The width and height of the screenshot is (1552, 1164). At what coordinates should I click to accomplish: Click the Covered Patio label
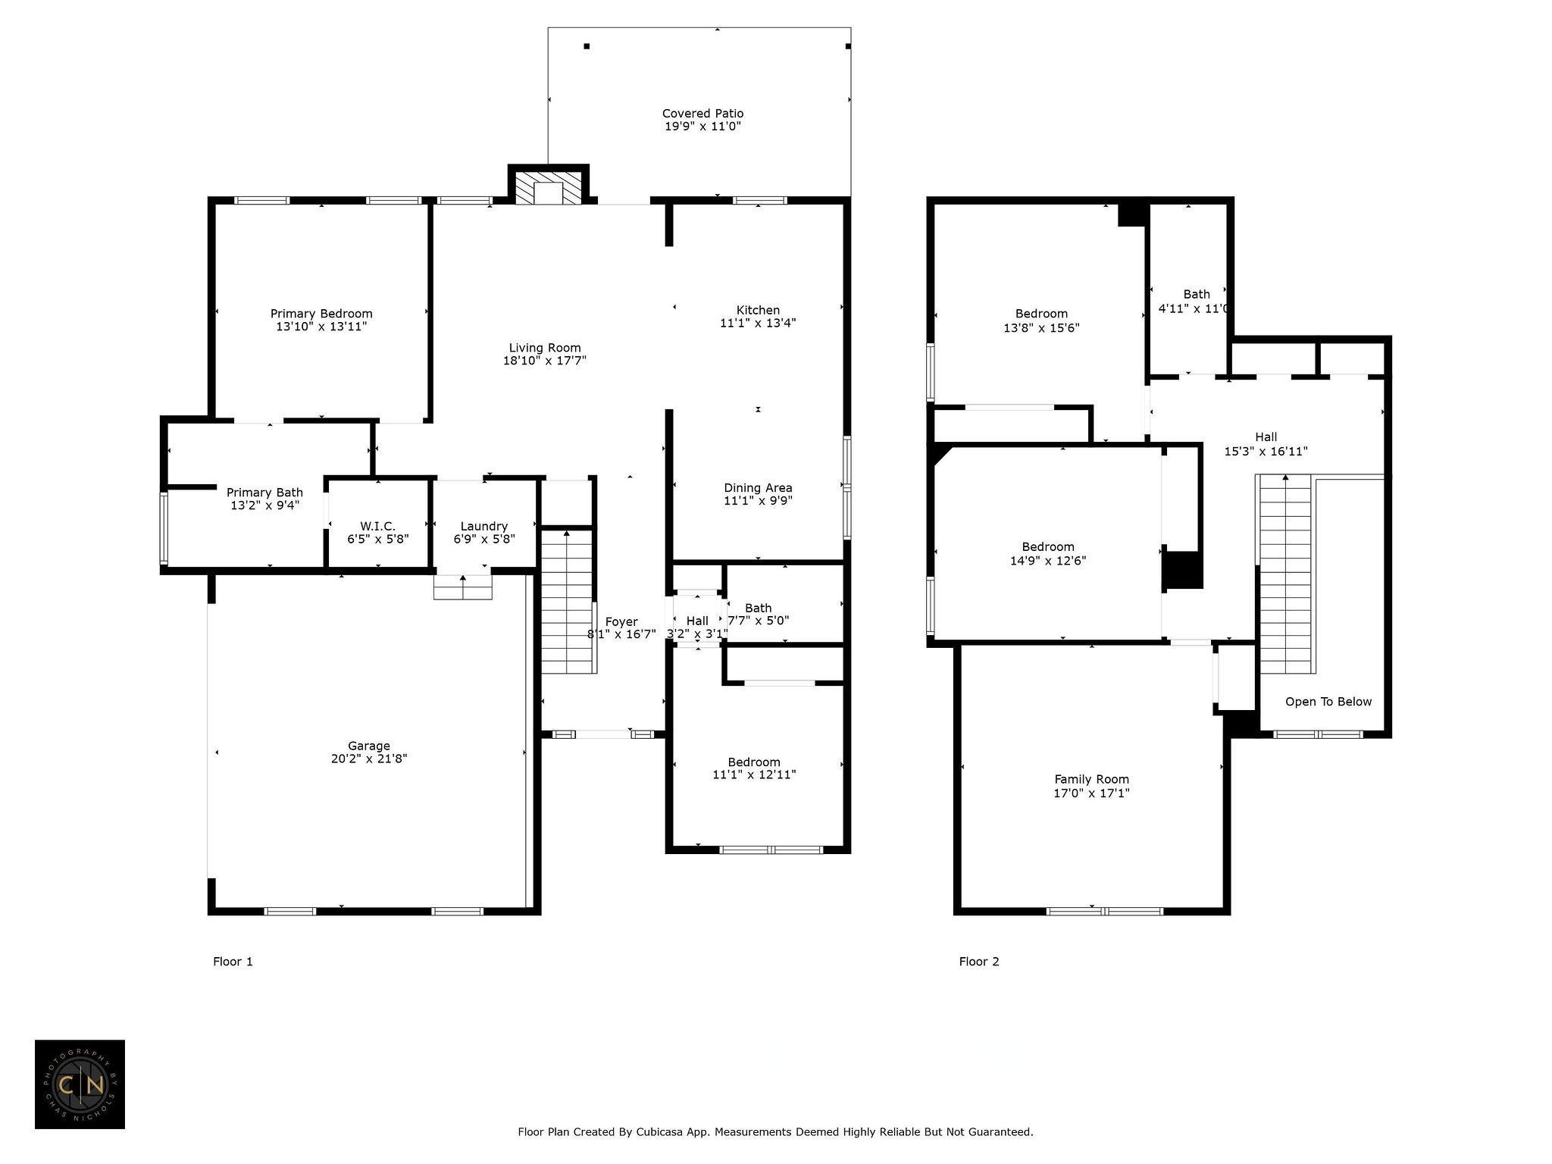702,114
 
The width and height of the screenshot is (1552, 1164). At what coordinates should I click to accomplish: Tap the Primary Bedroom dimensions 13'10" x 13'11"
321,327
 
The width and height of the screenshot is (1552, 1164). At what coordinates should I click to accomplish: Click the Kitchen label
758,310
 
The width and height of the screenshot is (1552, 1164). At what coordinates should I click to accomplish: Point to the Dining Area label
758,488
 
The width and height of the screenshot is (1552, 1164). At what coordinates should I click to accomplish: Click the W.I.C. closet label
377,526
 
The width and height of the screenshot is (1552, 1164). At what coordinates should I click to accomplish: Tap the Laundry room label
484,527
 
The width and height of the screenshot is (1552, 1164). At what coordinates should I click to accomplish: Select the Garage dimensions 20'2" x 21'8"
369,759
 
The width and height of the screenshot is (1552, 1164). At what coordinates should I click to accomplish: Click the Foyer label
621,622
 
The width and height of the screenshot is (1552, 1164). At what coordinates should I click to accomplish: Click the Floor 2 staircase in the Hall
1285,574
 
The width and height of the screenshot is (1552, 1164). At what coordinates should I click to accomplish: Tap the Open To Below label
1328,702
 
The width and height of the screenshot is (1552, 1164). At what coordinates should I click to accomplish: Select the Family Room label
1092,779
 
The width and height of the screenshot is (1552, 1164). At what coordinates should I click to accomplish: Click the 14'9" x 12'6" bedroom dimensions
1048,561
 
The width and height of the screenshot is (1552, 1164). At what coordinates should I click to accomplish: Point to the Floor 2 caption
979,962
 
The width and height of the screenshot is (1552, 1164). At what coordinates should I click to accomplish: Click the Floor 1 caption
233,962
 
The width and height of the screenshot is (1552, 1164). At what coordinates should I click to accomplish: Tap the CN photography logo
80,1084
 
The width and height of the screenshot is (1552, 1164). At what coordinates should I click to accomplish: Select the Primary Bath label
264,493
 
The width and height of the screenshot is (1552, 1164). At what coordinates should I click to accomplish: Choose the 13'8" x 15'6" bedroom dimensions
1041,328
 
